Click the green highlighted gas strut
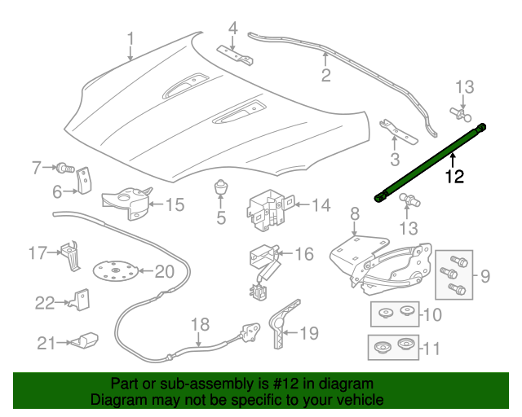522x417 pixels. [x=430, y=163]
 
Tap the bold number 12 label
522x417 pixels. [x=454, y=176]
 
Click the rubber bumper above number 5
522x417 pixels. [x=220, y=187]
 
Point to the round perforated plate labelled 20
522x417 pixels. [x=115, y=271]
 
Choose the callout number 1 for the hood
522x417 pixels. [x=130, y=39]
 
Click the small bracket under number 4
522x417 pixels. [x=236, y=55]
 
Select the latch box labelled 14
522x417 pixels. [x=270, y=209]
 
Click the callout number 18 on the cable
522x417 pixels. [x=201, y=324]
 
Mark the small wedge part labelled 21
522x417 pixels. [x=85, y=340]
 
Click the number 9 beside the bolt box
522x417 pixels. [x=485, y=276]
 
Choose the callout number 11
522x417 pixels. [x=431, y=349]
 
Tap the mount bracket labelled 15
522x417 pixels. [x=126, y=203]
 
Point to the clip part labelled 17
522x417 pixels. [x=71, y=256]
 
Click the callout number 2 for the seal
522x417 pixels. [x=326, y=75]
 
